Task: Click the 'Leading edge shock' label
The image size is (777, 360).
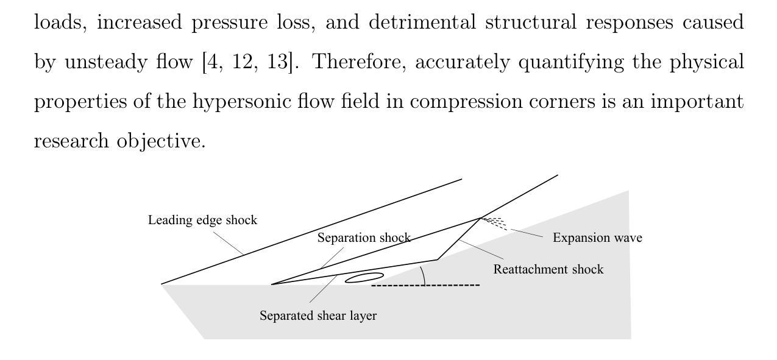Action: click(x=202, y=220)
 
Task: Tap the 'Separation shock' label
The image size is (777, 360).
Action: click(x=364, y=238)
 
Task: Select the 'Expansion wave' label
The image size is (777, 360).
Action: click(x=597, y=238)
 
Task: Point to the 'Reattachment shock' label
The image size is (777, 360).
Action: click(x=548, y=269)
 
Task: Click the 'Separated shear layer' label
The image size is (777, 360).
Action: click(x=318, y=316)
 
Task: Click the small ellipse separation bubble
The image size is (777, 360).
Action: click(x=364, y=278)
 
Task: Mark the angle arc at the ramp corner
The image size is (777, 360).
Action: click(x=423, y=275)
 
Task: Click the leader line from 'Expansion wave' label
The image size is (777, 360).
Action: click(x=526, y=233)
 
